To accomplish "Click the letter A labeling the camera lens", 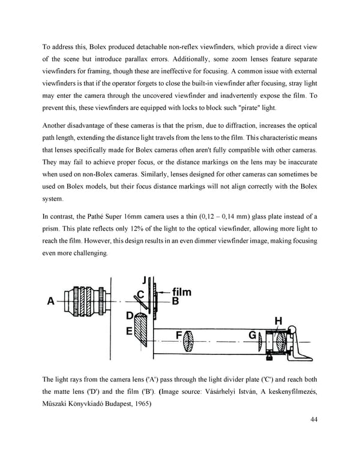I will coord(52,302).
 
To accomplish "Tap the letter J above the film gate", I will coord(145,279).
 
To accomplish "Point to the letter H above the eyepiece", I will coord(278,321).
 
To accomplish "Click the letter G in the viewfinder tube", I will coord(253,335).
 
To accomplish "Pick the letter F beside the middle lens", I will coord(178,335).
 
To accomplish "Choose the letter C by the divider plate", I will coord(139,294).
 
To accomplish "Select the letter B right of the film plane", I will coord(175,302).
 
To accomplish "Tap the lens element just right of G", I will coord(261,343).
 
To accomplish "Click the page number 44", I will coord(316,419).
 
